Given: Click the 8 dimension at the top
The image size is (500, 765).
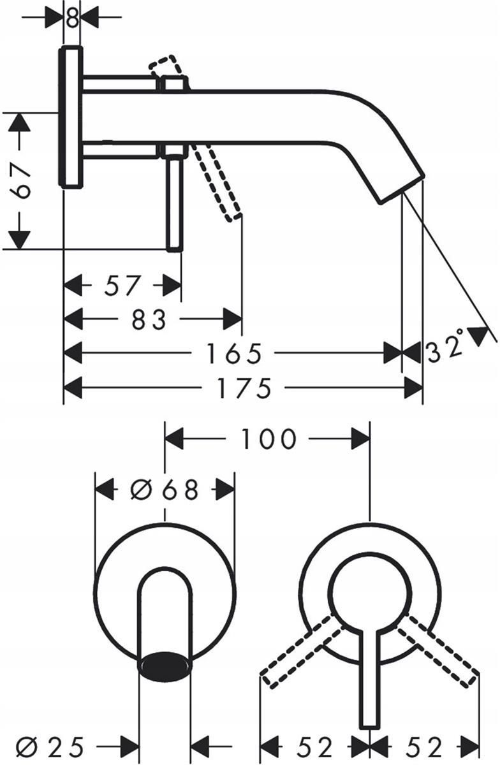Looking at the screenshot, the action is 72,18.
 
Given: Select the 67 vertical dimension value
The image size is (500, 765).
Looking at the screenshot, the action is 20,181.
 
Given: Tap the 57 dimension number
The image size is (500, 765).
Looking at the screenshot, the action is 122,285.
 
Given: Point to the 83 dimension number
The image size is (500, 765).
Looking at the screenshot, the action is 149,319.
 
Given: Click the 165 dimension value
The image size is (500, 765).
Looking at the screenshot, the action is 235,353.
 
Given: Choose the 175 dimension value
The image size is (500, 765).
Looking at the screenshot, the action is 244,388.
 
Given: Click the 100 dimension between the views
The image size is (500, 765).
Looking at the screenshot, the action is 268,439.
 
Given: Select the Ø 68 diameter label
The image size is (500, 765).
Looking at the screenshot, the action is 165,490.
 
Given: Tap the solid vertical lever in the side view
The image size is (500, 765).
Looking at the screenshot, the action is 174,203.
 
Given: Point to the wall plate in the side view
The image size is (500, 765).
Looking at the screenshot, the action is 71,117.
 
